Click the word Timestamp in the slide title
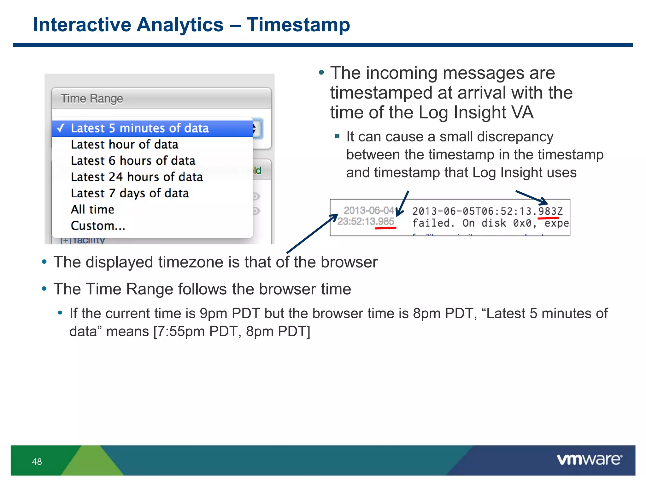pos(298,25)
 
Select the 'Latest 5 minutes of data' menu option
pos(140,129)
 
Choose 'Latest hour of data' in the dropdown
pos(125,145)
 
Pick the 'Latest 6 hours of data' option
pos(133,161)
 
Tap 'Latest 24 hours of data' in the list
pos(137,177)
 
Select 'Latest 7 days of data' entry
pos(130,193)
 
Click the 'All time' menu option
pos(92,210)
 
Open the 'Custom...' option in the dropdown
pos(98,226)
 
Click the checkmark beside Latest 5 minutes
pos(61,128)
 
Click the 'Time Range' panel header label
pos(92,99)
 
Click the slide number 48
pos(37,462)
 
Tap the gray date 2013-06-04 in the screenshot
pos(368,210)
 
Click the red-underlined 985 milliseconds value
pos(385,221)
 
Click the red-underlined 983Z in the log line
pos(550,211)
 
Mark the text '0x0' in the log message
pos(522,223)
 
